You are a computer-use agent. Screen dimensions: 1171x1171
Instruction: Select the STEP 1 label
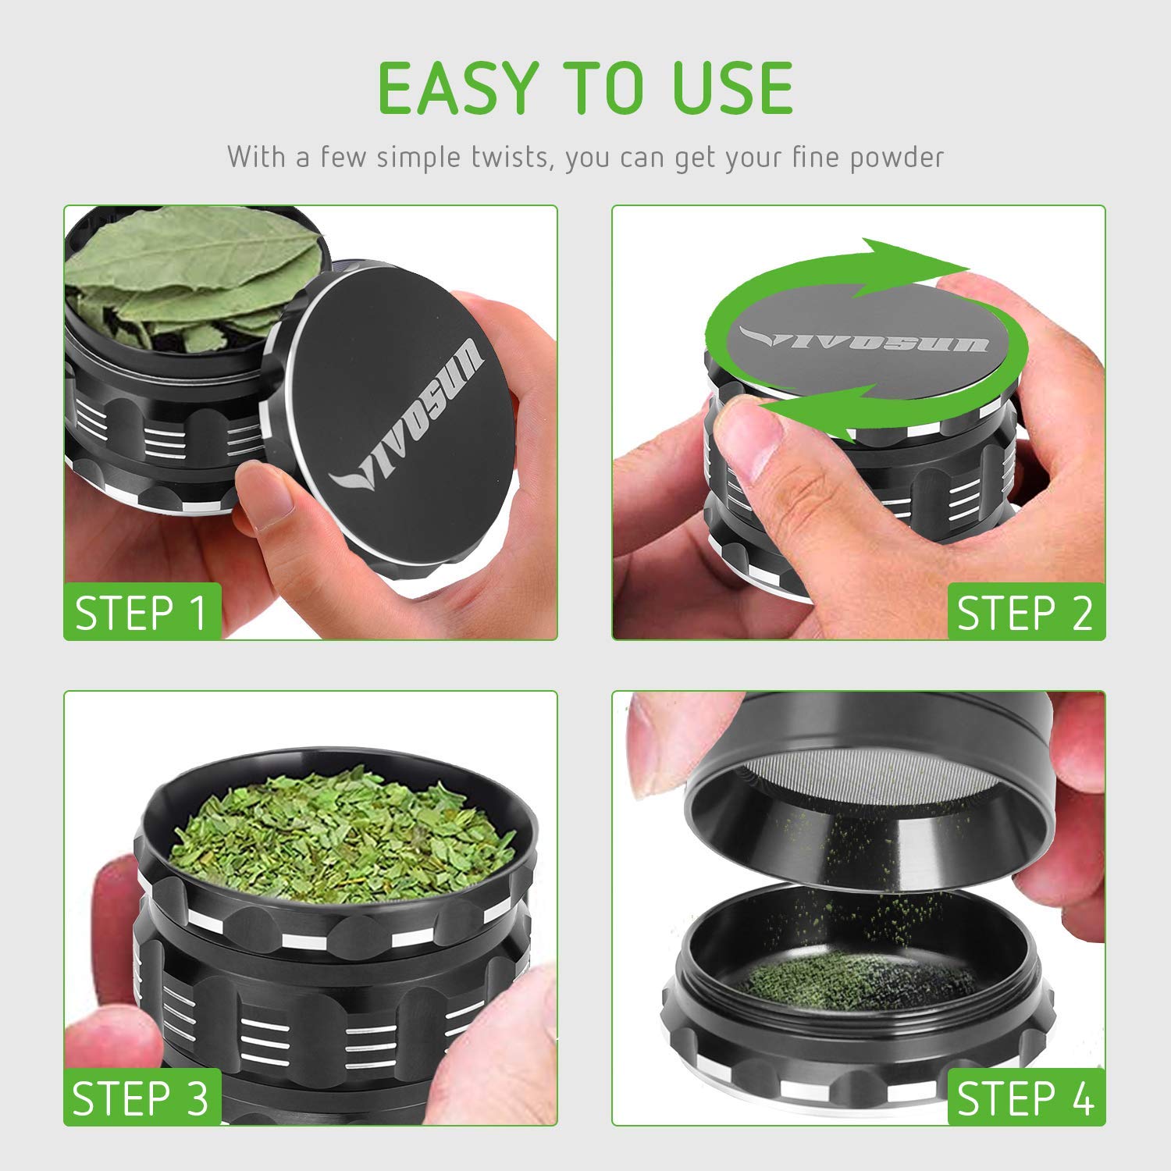click(141, 612)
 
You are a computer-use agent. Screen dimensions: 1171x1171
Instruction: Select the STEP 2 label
click(1025, 612)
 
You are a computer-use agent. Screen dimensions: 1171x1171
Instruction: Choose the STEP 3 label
click(141, 1098)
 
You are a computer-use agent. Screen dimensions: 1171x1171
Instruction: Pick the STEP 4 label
click(1025, 1098)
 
